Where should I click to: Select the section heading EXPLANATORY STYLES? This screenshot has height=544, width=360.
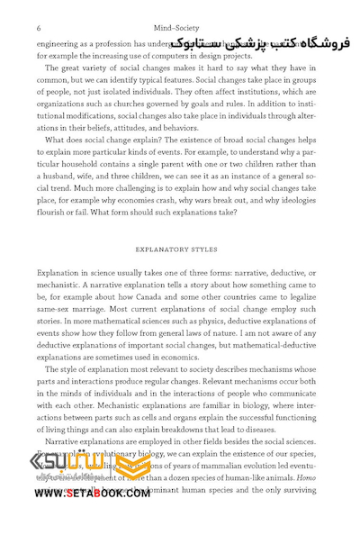click(x=179, y=245)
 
